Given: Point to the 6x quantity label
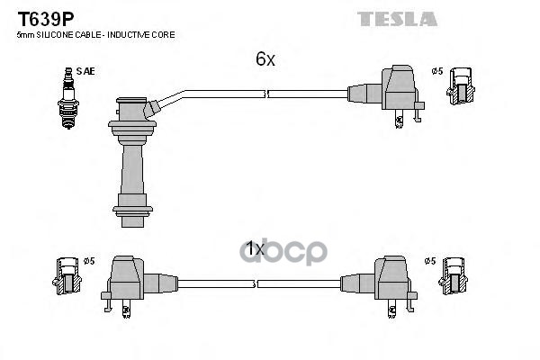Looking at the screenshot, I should coord(264,59).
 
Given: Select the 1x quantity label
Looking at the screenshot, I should coord(256,247).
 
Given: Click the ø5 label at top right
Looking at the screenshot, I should coord(437,71).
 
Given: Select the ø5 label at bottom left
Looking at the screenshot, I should coord(88,261).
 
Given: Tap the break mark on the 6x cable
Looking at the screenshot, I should coord(265,93).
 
